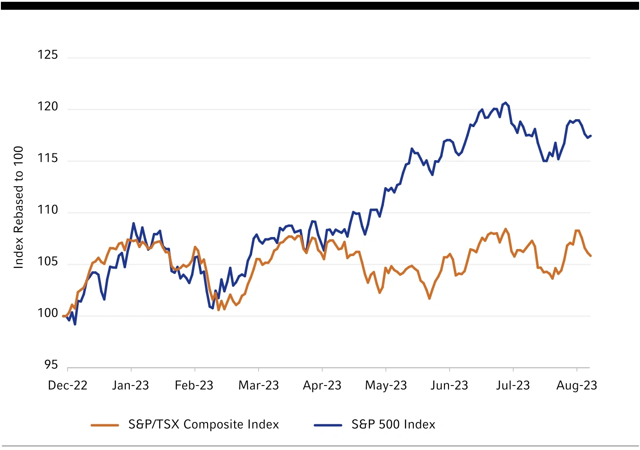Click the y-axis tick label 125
click(x=48, y=55)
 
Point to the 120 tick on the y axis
click(x=48, y=107)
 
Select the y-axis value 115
click(x=48, y=158)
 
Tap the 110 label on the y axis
click(x=48, y=210)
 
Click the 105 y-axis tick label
click(x=48, y=261)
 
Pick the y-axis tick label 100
click(x=48, y=313)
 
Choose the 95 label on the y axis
click(x=51, y=365)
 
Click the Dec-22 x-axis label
click(x=68, y=385)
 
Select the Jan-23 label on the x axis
click(x=130, y=385)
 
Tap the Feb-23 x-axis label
click(x=194, y=385)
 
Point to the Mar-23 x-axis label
click(x=259, y=385)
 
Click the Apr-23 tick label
click(x=322, y=385)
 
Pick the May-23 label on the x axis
click(x=386, y=385)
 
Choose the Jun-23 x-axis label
click(x=449, y=385)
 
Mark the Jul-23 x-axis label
click(x=513, y=385)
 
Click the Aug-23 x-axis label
click(x=576, y=385)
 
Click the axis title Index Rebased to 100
click(x=18, y=207)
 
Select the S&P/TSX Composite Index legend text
click(x=204, y=425)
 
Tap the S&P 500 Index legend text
click(x=393, y=425)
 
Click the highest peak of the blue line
click(x=505, y=103)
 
